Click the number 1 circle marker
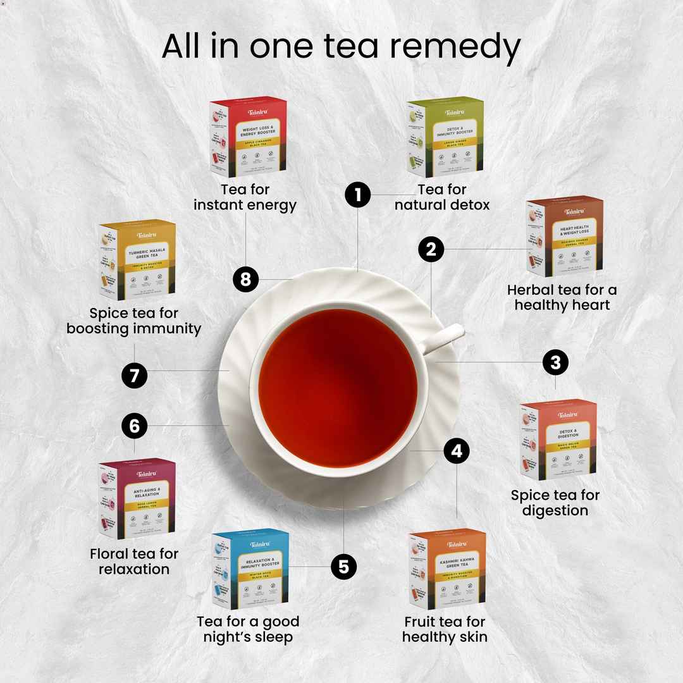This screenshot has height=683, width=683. coord(358,195)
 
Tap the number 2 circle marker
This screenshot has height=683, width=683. coord(431,250)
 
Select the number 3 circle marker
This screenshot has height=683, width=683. coord(555,362)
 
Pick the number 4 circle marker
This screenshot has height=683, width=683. coord(457,451)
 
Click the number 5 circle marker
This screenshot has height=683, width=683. coord(343,567)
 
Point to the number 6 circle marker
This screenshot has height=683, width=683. coord(134,426)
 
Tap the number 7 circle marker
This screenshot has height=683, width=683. coord(134,376)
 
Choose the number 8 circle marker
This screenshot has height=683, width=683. coord(245,279)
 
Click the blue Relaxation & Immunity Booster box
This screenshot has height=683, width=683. coord(250,569)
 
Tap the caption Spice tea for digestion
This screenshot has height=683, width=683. coord(555,503)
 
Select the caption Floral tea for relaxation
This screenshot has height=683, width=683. coord(134,562)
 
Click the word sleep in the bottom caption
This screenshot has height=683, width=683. coord(273,637)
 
